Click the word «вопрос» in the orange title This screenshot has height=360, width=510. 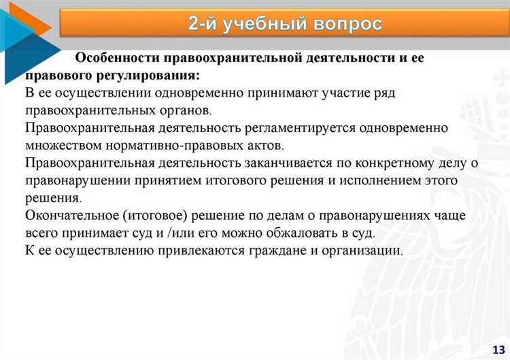click(347, 24)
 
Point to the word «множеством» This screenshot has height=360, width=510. click(64, 145)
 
